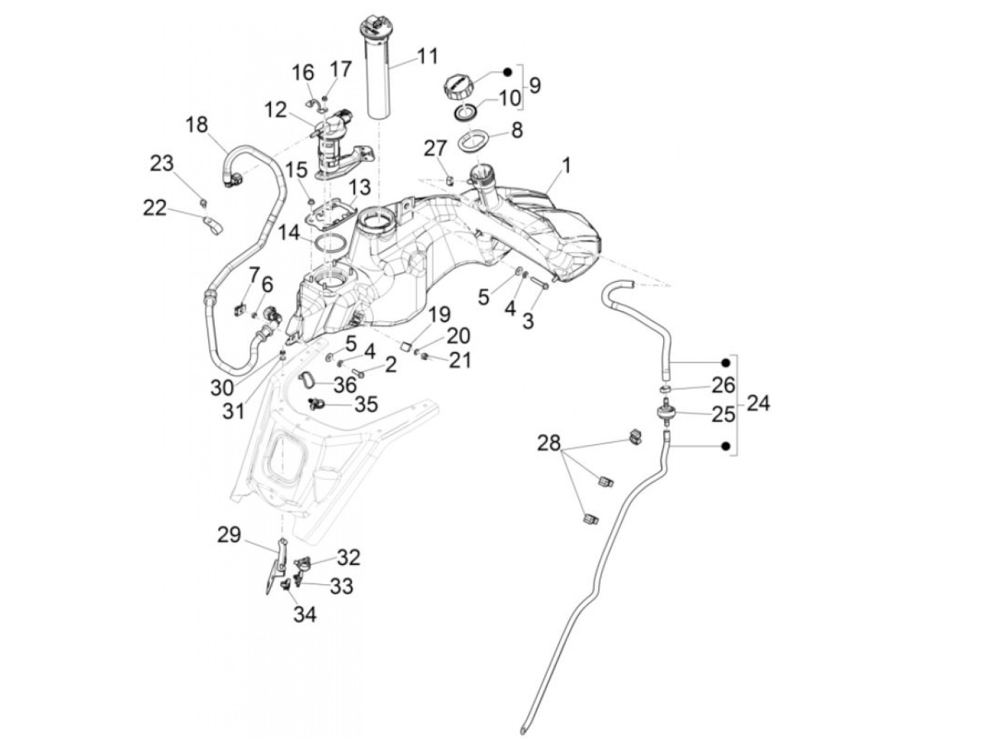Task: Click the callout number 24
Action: (x=758, y=403)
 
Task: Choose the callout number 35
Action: (x=366, y=404)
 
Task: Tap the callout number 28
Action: (x=548, y=444)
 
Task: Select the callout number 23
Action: (x=162, y=163)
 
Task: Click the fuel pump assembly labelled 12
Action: (x=334, y=140)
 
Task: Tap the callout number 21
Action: (x=459, y=359)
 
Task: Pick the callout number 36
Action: (x=345, y=384)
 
